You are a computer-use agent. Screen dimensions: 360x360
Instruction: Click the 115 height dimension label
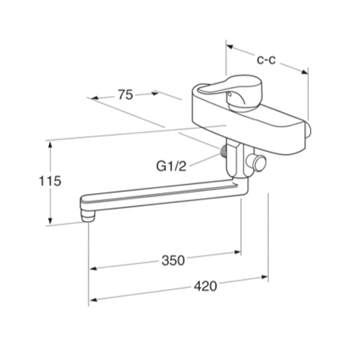point(50,181)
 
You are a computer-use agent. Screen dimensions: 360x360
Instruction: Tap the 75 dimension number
point(125,95)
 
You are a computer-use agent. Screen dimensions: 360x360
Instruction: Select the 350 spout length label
point(173,260)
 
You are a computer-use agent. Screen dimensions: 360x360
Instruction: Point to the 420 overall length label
point(205,286)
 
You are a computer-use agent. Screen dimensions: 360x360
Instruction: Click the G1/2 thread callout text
point(171,166)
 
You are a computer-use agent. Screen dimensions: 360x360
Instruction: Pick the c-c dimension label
point(266,60)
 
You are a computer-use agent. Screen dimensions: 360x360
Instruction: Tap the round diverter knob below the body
point(257,163)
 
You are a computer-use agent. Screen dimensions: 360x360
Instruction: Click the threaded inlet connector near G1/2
point(223,151)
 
